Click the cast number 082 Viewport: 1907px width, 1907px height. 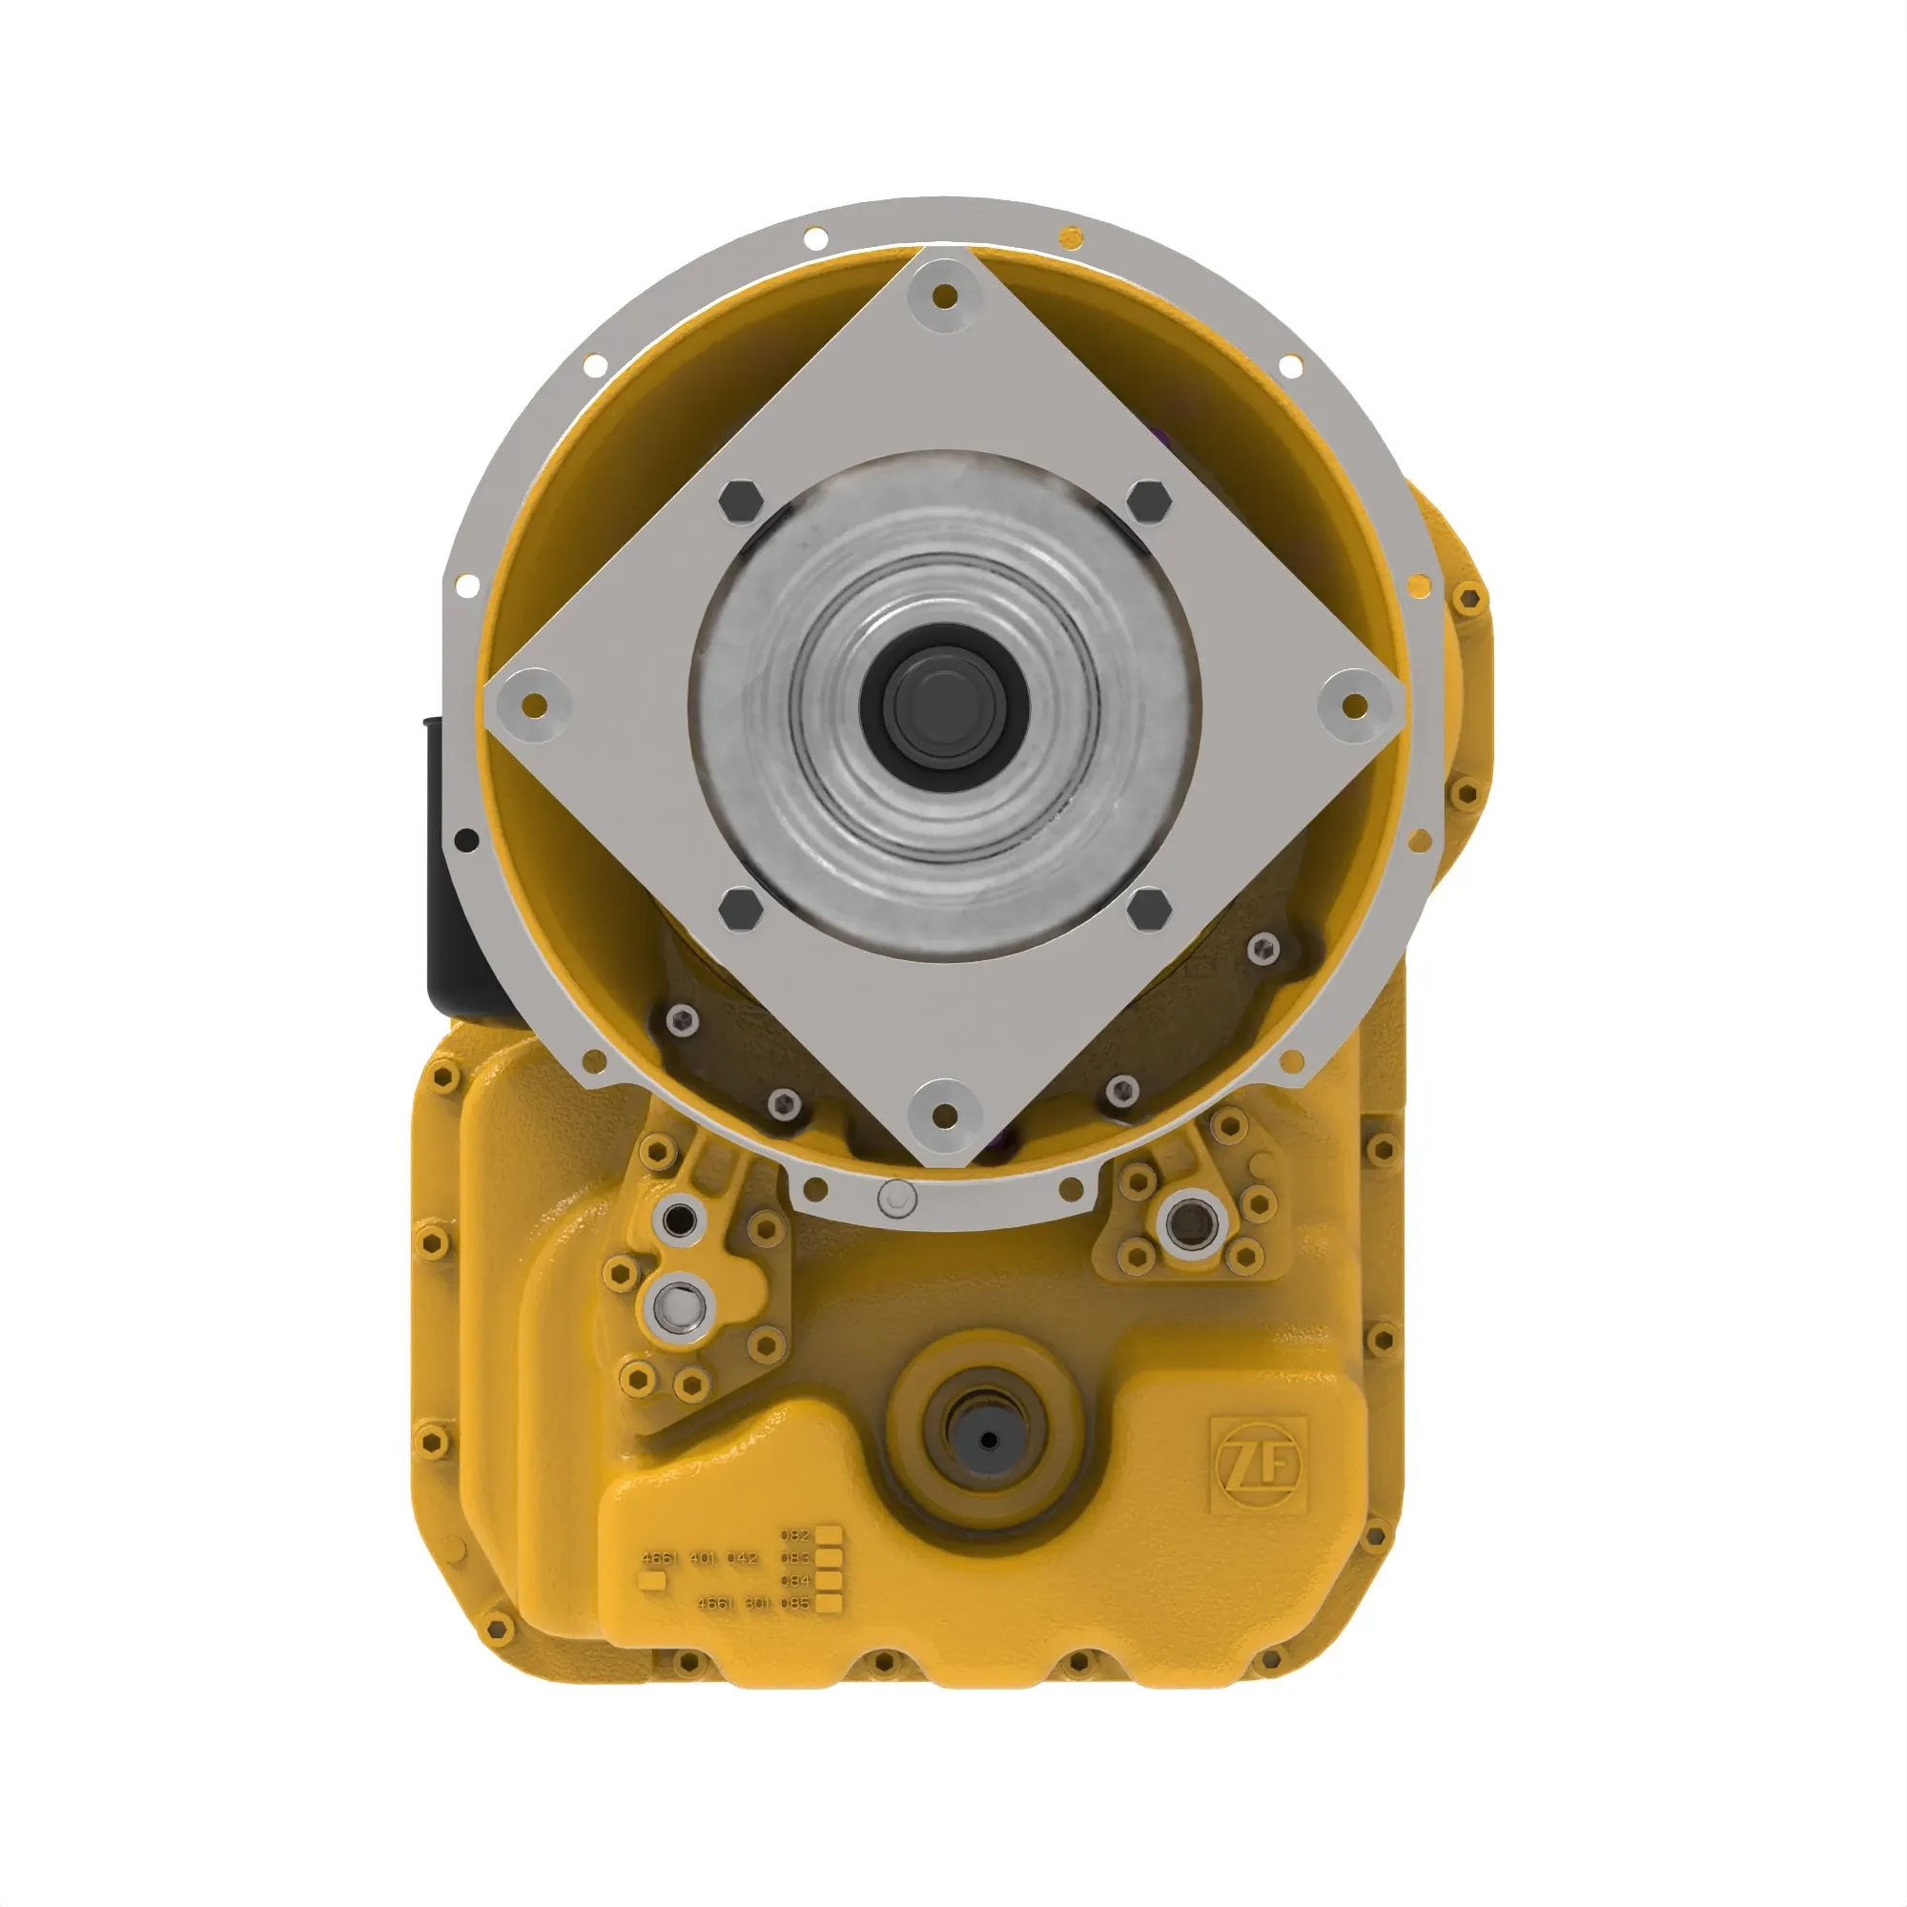coord(794,1536)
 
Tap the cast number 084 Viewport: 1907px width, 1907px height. coord(794,1580)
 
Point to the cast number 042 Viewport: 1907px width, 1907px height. coord(742,1558)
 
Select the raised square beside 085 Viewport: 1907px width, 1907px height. coord(830,1603)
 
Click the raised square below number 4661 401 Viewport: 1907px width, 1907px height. coord(652,1580)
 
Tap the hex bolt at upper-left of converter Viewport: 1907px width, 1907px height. coord(741,502)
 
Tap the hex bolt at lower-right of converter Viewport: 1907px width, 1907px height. coord(1148,909)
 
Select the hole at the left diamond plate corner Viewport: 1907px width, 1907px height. coord(534,705)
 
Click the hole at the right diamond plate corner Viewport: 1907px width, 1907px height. coord(1356,705)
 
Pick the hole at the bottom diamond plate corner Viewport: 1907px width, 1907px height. coord(945,1117)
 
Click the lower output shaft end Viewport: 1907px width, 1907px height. coord(989,1440)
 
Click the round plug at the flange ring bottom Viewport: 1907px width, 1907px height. coord(896,1199)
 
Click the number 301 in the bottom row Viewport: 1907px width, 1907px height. coord(757,1603)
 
